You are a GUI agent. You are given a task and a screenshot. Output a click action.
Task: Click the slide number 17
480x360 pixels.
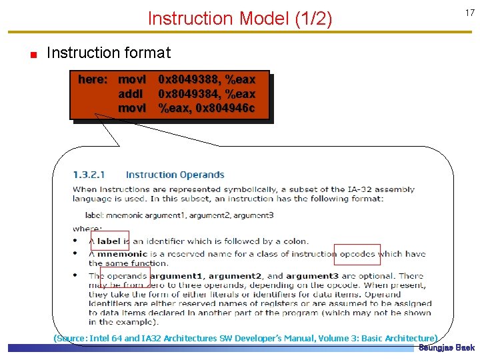[x=469, y=13]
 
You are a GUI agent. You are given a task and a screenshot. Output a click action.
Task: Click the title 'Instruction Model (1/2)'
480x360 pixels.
[x=239, y=18]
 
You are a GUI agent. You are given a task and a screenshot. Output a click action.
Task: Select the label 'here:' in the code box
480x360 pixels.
[x=93, y=80]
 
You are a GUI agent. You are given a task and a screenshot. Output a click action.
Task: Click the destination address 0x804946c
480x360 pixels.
[x=225, y=108]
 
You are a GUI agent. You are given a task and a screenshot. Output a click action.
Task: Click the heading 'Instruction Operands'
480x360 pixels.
[x=175, y=175]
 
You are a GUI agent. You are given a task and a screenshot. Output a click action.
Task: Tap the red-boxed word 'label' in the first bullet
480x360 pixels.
[x=109, y=241]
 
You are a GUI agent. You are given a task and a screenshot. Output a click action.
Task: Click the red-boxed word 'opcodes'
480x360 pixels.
[x=357, y=254]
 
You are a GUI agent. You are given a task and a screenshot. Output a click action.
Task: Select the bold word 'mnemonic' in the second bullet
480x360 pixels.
[x=126, y=254]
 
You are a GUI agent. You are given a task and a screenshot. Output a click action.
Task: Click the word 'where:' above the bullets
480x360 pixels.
[x=87, y=229]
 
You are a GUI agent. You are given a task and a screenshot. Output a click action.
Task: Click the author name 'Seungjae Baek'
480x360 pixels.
[x=447, y=348]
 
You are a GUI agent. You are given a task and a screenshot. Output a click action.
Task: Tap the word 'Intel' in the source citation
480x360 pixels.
[x=101, y=338]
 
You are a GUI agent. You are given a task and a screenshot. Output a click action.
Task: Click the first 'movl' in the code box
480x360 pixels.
[x=132, y=80]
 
